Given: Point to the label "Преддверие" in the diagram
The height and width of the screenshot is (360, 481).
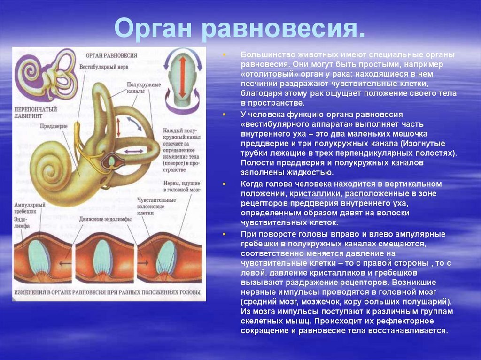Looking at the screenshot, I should tap(54, 126).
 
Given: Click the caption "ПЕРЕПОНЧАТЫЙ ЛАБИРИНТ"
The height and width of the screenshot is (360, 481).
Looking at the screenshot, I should tap(35, 112).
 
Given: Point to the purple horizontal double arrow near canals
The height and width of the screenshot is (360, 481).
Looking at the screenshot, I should tap(134, 151).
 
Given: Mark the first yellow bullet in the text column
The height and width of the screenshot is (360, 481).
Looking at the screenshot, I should tap(224, 55).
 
